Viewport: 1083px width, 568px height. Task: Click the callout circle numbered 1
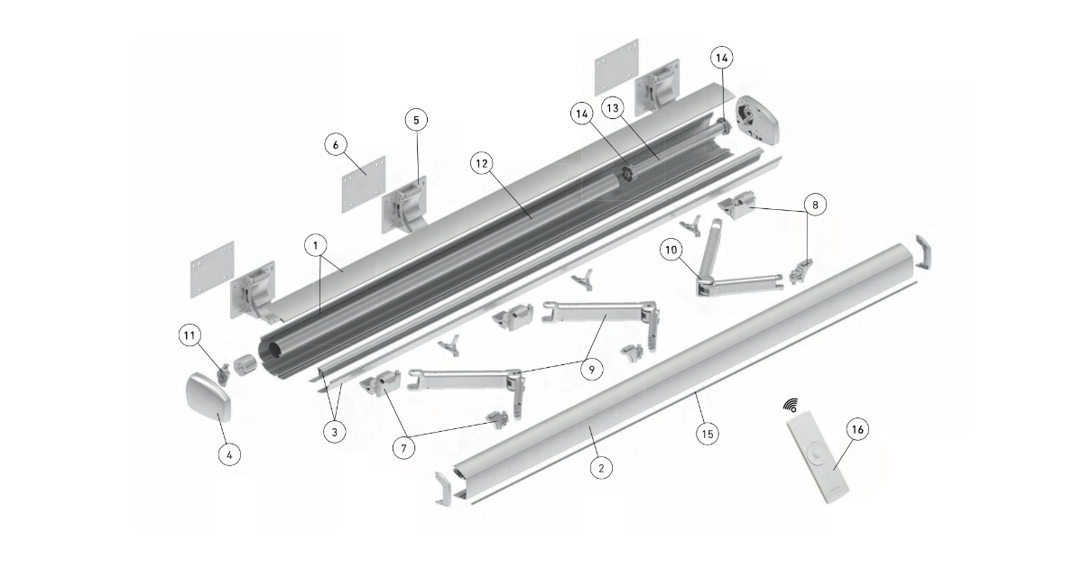pos(316,246)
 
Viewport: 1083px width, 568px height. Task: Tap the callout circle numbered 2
pos(601,468)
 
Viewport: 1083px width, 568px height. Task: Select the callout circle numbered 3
pos(335,432)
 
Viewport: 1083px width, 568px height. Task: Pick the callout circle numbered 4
pos(229,454)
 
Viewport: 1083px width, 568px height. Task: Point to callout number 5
pos(417,119)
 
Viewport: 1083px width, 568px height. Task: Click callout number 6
pos(336,144)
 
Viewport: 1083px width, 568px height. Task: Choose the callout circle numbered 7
pos(404,448)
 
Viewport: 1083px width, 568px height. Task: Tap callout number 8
pos(815,205)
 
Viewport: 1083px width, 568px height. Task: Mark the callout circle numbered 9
pos(592,370)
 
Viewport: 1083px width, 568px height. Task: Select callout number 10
pos(671,250)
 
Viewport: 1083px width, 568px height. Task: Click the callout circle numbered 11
pos(190,335)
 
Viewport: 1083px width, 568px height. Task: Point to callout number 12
pos(482,164)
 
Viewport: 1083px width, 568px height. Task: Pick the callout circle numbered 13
pos(613,107)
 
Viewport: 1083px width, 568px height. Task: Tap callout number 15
pos(708,434)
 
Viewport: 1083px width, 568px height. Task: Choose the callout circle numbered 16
pos(857,429)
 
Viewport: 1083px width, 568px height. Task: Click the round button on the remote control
pos(818,455)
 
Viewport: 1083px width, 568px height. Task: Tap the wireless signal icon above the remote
pos(791,406)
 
